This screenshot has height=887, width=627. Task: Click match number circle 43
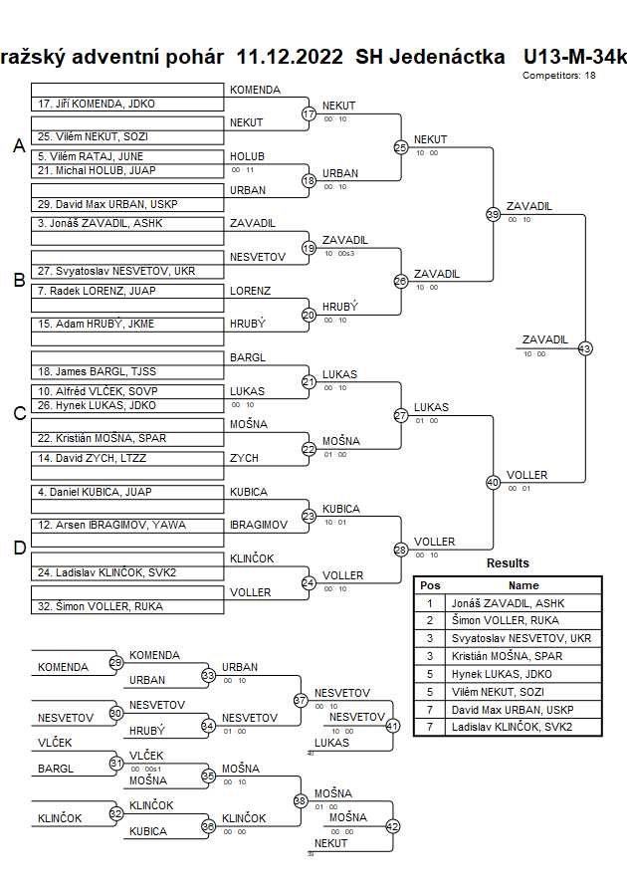[585, 348]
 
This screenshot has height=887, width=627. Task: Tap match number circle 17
[309, 113]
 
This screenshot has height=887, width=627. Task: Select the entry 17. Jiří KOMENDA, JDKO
[96, 104]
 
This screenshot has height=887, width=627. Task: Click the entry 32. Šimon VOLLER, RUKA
[101, 606]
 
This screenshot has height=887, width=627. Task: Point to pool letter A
[19, 146]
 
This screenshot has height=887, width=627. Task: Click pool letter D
[19, 547]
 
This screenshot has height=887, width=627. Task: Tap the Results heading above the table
[508, 563]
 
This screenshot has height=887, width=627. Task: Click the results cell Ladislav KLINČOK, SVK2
[512, 727]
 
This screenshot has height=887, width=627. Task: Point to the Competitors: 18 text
[559, 76]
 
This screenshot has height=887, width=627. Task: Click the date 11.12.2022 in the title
[291, 56]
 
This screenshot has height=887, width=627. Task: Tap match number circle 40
[493, 482]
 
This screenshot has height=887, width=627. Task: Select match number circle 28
[401, 550]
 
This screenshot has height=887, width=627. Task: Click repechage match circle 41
[392, 727]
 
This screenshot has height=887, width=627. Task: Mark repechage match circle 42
[392, 826]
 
